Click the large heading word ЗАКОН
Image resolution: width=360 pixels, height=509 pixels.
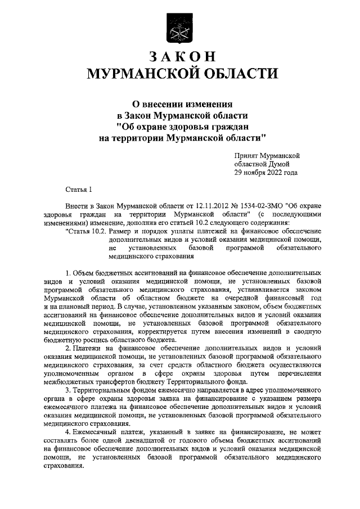coord(180,57)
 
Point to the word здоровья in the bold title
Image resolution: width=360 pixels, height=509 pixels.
coord(196,126)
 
